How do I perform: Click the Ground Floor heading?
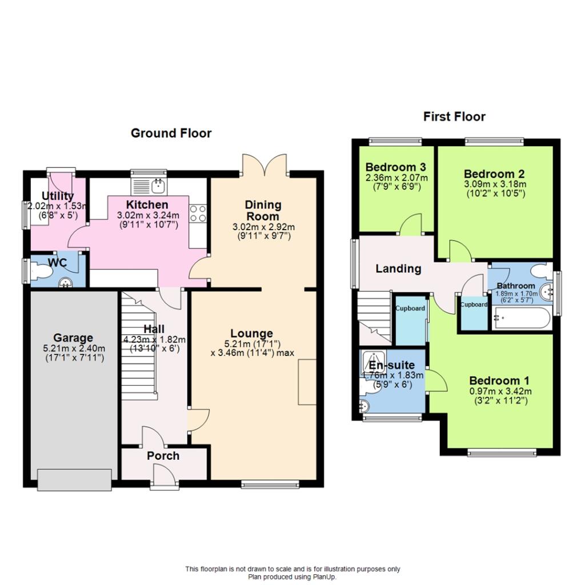point(171,133)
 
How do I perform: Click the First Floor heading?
point(454,117)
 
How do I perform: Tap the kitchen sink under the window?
point(158,185)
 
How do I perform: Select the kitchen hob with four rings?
point(198,214)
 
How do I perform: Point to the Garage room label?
point(73,338)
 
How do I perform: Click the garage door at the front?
point(74,479)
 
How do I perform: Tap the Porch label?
point(163,456)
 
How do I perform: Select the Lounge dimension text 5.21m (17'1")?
point(251,344)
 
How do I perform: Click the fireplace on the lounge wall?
point(307,382)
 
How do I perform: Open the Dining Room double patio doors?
point(264,166)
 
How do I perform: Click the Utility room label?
point(57,196)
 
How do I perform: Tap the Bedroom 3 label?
point(396,167)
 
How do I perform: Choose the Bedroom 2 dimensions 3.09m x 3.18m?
point(494,185)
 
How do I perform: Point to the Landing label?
point(398,269)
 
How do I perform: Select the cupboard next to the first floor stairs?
point(411,320)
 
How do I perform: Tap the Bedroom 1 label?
point(499,380)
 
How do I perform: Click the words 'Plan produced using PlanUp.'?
point(292,576)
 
